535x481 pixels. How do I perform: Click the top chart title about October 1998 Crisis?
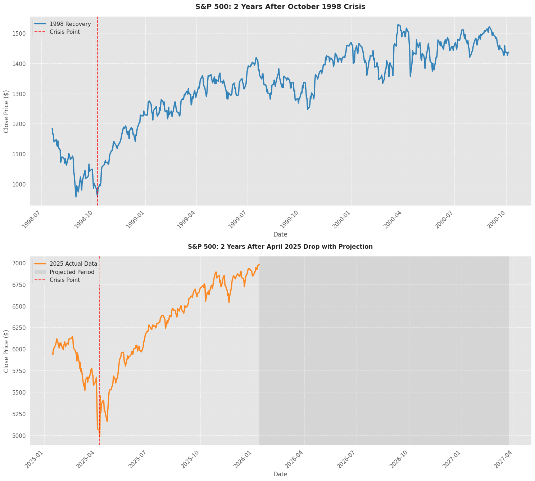[x=280, y=6]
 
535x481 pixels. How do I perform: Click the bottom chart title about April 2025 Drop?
[x=280, y=247]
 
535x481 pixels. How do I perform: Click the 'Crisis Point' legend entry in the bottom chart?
[x=65, y=280]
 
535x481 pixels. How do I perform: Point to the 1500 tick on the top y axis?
[x=21, y=33]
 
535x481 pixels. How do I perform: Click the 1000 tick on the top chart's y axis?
[x=21, y=184]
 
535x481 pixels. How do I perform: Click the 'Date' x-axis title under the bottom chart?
[x=280, y=474]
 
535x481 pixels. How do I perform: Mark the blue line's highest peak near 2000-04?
[x=398, y=25]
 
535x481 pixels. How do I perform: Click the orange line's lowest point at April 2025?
[x=100, y=436]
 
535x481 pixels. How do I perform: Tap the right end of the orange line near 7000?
[x=259, y=265]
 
